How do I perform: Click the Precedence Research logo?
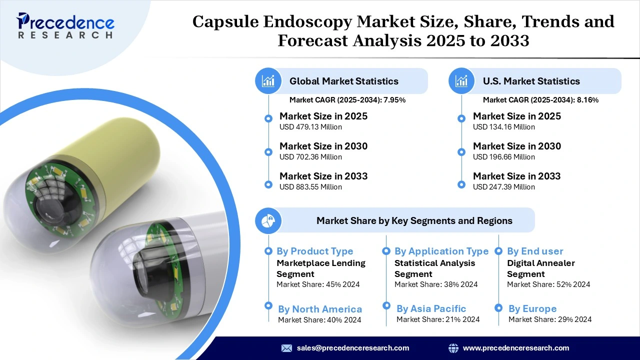65,24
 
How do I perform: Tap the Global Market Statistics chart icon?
268,81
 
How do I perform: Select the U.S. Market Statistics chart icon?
461,81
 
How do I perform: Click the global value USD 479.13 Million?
310,127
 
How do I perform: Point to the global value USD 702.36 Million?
310,157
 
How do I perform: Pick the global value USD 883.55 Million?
310,187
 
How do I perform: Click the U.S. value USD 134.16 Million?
504,127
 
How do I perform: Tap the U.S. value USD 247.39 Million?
504,187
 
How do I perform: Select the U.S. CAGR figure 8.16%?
588,100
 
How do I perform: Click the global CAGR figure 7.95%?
394,100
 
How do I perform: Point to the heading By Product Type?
315,251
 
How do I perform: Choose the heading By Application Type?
441,251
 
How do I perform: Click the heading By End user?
535,251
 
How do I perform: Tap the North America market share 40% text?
319,320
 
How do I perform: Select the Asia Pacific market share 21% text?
438,319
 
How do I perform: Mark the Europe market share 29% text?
550,319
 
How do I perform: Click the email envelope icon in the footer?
286,348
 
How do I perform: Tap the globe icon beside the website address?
453,348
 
